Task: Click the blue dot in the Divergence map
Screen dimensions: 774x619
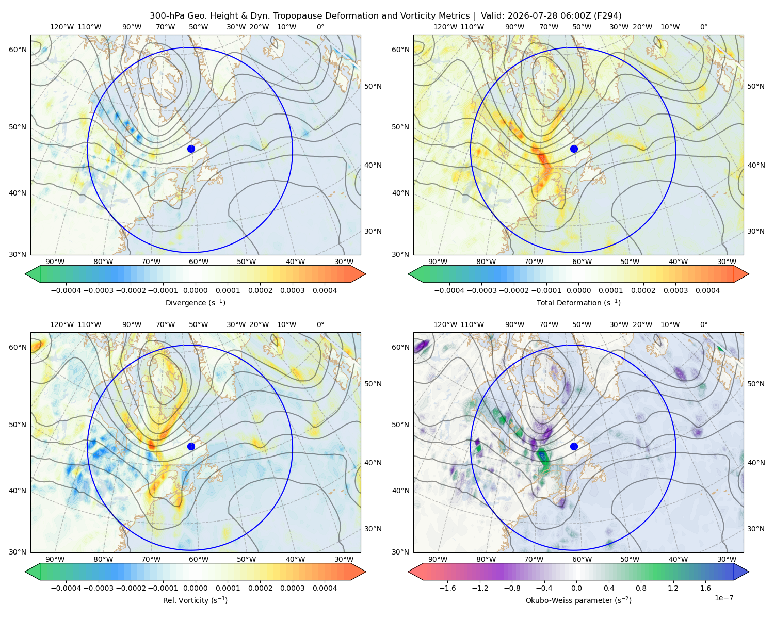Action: (x=191, y=149)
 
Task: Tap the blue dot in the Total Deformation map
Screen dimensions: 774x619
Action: (x=574, y=149)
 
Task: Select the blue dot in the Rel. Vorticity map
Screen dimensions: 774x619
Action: (x=191, y=446)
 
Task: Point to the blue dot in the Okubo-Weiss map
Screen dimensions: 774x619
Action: (x=574, y=446)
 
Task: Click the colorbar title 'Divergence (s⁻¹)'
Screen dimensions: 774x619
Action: (x=195, y=302)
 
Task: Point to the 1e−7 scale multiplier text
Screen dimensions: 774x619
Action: (x=723, y=598)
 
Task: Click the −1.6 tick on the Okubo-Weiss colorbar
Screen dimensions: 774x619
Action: (x=447, y=588)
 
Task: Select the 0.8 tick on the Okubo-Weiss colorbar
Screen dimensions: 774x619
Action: (x=641, y=588)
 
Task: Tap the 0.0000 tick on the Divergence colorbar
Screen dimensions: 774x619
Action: (x=195, y=290)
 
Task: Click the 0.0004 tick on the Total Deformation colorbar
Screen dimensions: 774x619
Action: (x=707, y=290)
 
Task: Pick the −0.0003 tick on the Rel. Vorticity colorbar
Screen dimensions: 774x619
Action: (x=98, y=588)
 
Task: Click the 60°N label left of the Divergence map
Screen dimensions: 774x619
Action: (x=18, y=50)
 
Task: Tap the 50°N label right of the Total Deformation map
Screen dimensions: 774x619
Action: (x=755, y=86)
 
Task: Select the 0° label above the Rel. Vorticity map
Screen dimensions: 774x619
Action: (x=320, y=324)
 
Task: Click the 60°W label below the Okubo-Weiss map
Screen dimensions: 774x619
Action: (x=582, y=559)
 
